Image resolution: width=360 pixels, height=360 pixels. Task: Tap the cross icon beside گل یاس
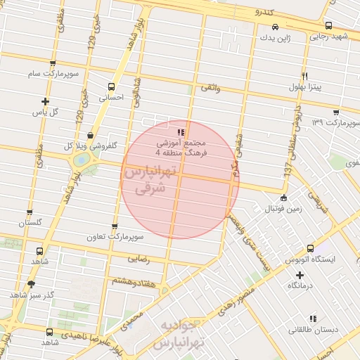coord(46,101)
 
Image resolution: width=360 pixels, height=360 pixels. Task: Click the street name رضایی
coord(138,259)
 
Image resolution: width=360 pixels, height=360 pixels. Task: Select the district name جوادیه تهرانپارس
coord(181,334)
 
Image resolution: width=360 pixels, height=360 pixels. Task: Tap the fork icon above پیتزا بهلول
coord(304,76)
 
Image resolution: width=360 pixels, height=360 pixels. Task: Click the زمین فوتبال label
coord(262,210)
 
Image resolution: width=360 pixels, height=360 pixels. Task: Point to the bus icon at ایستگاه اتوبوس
coord(311,248)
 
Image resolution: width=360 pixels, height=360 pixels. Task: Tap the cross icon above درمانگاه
coord(300,274)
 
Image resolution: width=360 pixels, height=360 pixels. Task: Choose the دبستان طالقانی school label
coord(308,329)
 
